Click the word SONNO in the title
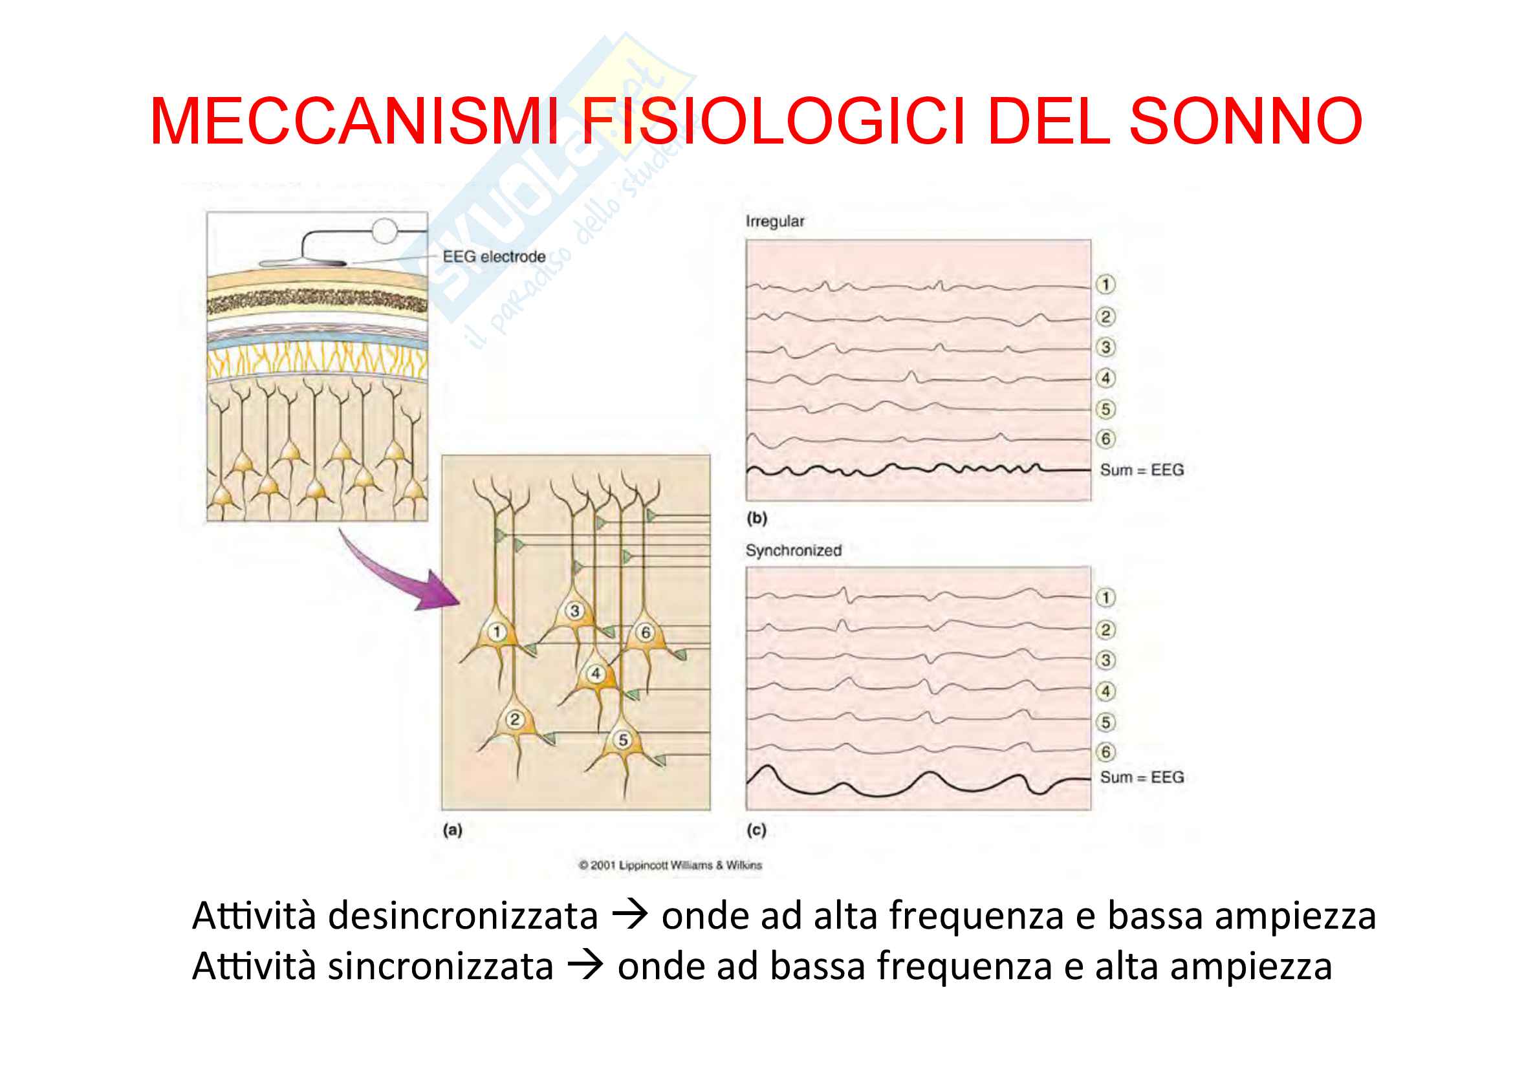point(1245,122)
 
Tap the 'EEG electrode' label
point(494,257)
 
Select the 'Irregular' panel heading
point(774,221)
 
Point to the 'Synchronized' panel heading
point(794,550)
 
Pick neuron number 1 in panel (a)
point(497,632)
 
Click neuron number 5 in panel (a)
point(623,740)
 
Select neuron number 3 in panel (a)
point(574,610)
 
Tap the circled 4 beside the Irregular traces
point(1105,378)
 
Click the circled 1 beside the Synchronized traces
point(1105,598)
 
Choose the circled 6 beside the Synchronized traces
point(1105,751)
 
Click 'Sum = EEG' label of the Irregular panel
point(1141,470)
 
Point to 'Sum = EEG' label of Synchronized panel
point(1141,777)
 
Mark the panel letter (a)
point(453,830)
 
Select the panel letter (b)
point(757,519)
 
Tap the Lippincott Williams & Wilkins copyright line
point(670,865)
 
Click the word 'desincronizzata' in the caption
point(463,916)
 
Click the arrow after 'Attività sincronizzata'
point(585,966)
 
